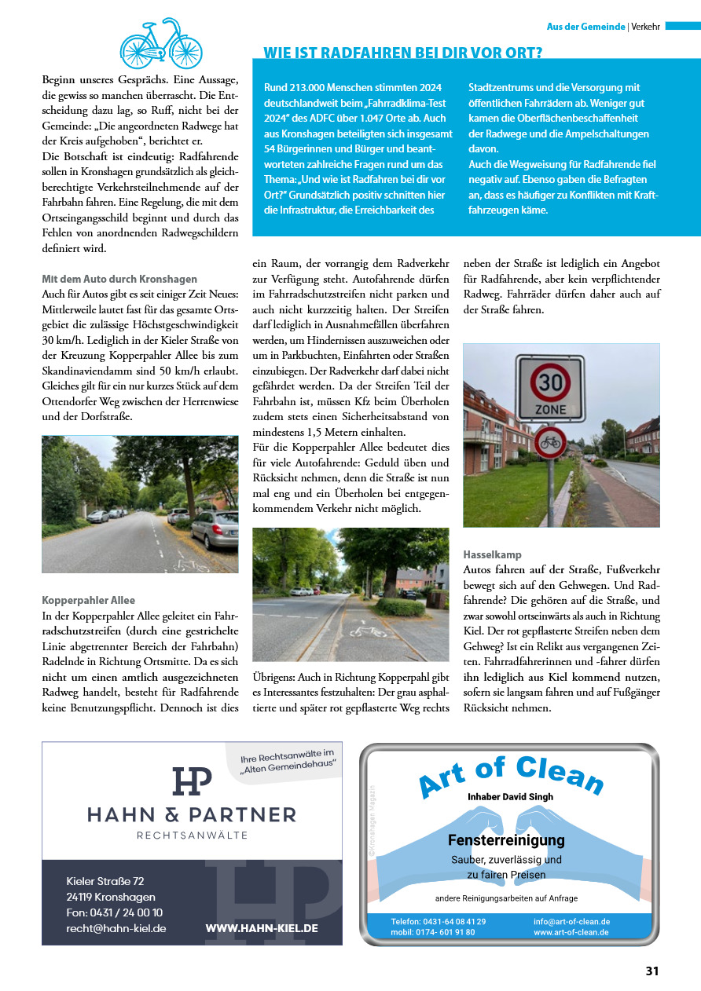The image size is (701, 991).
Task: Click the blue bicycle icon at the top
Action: click(x=160, y=43)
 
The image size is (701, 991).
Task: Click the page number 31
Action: click(x=651, y=971)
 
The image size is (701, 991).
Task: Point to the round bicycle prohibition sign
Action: click(x=550, y=443)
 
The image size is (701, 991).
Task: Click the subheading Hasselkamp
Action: click(x=492, y=554)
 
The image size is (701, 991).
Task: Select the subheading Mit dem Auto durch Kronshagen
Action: click(x=119, y=279)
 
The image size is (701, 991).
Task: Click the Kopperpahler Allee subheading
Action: click(x=88, y=600)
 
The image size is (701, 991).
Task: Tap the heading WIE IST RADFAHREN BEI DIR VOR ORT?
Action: click(x=402, y=53)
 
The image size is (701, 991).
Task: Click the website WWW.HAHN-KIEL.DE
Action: click(x=262, y=928)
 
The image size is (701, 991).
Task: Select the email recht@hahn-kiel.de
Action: click(x=116, y=928)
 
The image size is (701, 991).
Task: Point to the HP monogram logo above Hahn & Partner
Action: click(x=192, y=781)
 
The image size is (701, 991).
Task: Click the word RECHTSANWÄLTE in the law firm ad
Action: click(x=192, y=835)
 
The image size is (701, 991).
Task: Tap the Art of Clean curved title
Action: click(x=511, y=773)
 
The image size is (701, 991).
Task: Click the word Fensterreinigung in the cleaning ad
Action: click(x=506, y=840)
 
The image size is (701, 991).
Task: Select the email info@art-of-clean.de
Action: click(x=571, y=921)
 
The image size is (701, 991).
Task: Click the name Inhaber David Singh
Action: click(x=510, y=796)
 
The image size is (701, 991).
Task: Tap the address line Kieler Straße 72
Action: click(x=105, y=881)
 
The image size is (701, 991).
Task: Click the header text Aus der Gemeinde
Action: click(x=585, y=27)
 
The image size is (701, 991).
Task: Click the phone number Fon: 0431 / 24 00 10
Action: click(x=115, y=912)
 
